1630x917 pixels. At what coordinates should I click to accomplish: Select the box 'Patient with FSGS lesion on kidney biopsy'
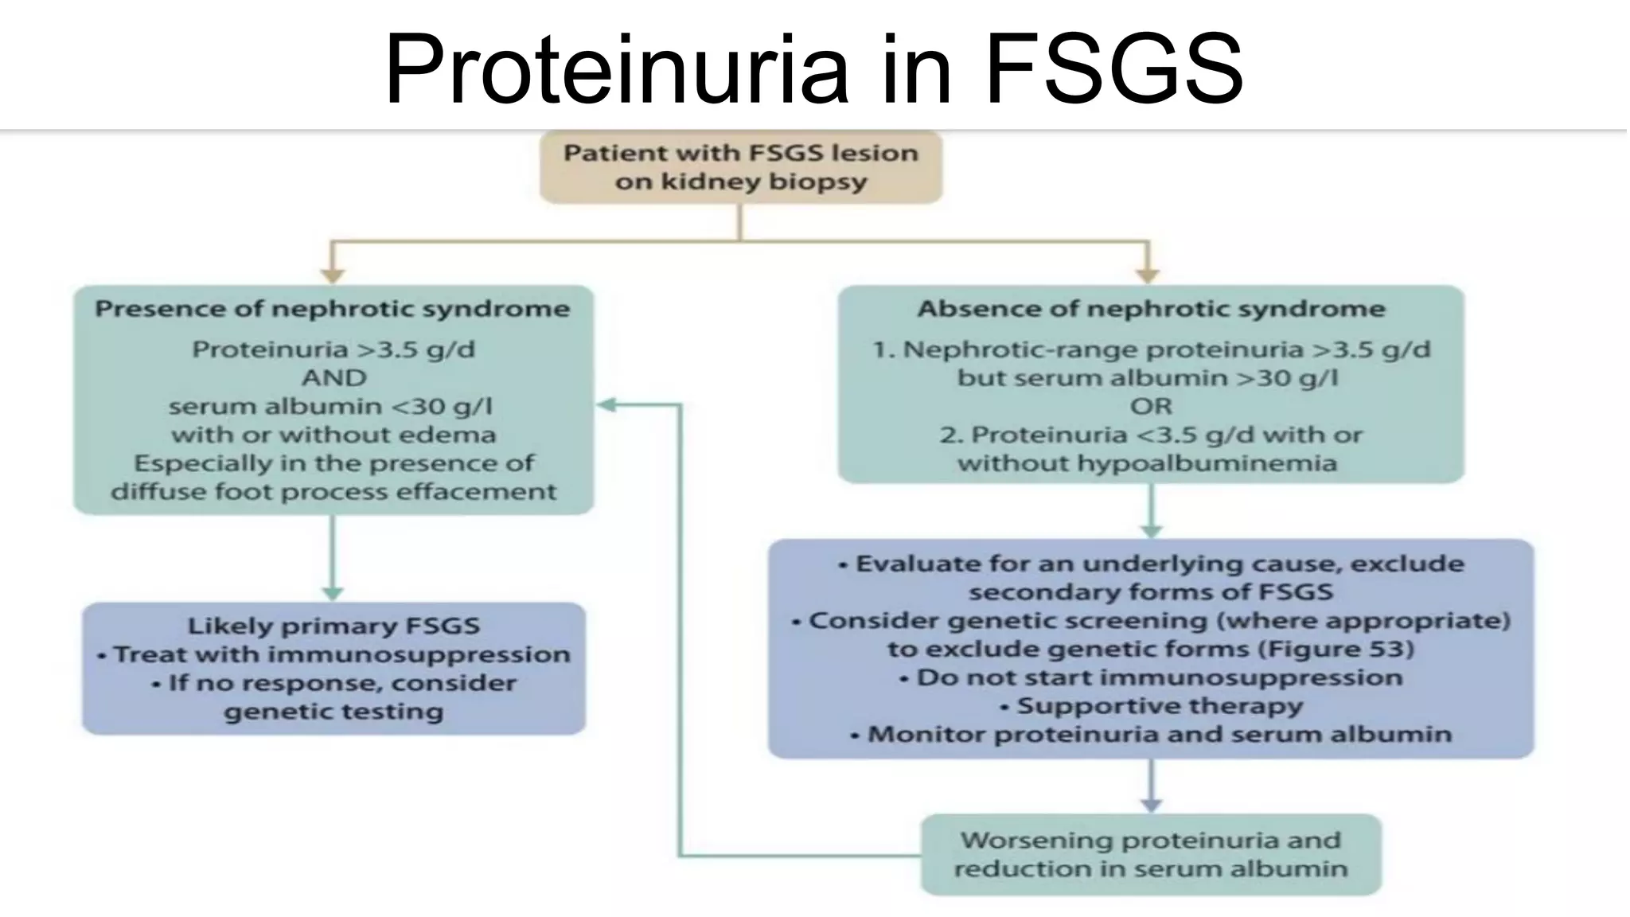(741, 167)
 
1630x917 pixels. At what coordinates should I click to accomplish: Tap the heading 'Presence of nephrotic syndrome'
(333, 309)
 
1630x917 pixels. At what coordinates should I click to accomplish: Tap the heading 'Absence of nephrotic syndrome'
(1151, 309)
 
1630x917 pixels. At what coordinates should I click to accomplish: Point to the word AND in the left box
(333, 377)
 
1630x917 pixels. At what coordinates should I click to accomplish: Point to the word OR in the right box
(1151, 406)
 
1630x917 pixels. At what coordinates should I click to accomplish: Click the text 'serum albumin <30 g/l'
(331, 406)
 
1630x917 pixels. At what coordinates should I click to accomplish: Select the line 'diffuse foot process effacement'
(333, 491)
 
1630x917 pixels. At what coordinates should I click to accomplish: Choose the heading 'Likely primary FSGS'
(333, 626)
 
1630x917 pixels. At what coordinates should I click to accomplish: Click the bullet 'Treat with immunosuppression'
(341, 654)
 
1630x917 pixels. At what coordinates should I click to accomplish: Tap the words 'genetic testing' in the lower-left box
(333, 711)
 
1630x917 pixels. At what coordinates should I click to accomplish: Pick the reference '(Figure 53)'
(1336, 649)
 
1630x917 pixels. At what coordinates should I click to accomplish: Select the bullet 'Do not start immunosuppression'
(1159, 677)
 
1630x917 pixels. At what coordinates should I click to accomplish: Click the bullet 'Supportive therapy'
(1159, 706)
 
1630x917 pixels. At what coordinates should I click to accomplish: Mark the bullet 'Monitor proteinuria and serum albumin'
(1159, 734)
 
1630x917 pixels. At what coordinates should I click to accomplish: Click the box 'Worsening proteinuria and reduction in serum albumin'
(1151, 854)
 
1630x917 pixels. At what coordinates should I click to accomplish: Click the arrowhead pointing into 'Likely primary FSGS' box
(333, 594)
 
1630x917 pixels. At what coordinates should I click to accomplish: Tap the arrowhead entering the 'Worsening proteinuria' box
(1151, 805)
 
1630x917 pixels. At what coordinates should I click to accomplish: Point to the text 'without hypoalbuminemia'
(1147, 463)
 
